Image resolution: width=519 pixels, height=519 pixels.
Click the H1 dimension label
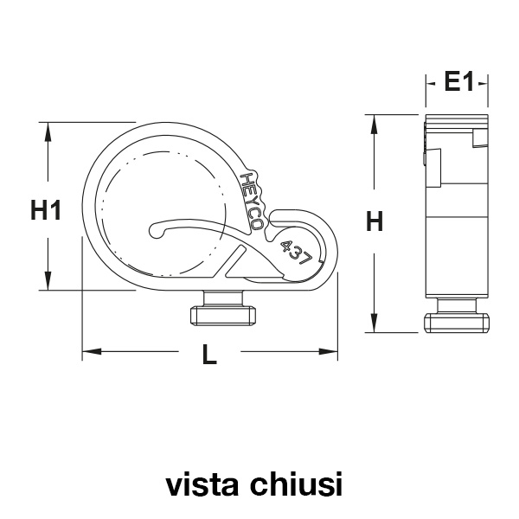(x=45, y=209)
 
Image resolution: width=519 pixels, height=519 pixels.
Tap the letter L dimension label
(x=208, y=354)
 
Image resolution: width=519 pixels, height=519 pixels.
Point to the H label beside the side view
(x=374, y=222)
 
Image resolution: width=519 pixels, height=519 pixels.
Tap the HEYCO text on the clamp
(x=253, y=200)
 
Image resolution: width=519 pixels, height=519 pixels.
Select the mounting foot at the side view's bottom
(x=459, y=318)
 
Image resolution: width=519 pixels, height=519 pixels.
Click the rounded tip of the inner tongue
(x=156, y=231)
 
